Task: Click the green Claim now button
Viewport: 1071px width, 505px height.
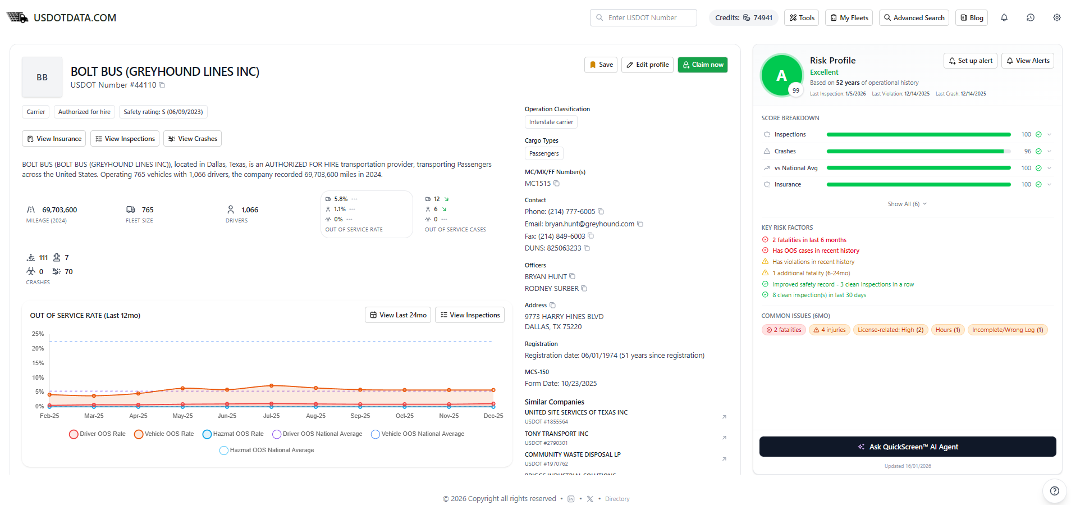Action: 702,65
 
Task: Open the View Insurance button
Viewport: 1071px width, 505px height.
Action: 54,139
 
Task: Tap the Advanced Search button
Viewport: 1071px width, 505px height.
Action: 914,18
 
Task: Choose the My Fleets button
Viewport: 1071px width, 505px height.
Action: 849,18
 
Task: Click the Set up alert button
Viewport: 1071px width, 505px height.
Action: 971,61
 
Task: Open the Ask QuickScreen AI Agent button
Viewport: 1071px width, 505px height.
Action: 908,447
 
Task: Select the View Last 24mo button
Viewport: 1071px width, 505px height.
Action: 398,315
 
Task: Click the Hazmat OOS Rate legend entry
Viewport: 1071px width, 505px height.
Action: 233,434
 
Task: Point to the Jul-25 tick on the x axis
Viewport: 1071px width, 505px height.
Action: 271,416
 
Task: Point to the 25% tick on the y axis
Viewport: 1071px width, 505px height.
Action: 38,334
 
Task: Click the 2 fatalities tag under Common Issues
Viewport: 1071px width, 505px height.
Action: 784,330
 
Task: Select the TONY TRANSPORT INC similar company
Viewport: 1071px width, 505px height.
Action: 556,434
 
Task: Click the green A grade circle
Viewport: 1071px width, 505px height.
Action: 781,75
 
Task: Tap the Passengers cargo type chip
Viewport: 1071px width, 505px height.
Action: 544,153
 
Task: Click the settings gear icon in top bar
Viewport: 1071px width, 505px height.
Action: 1057,18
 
